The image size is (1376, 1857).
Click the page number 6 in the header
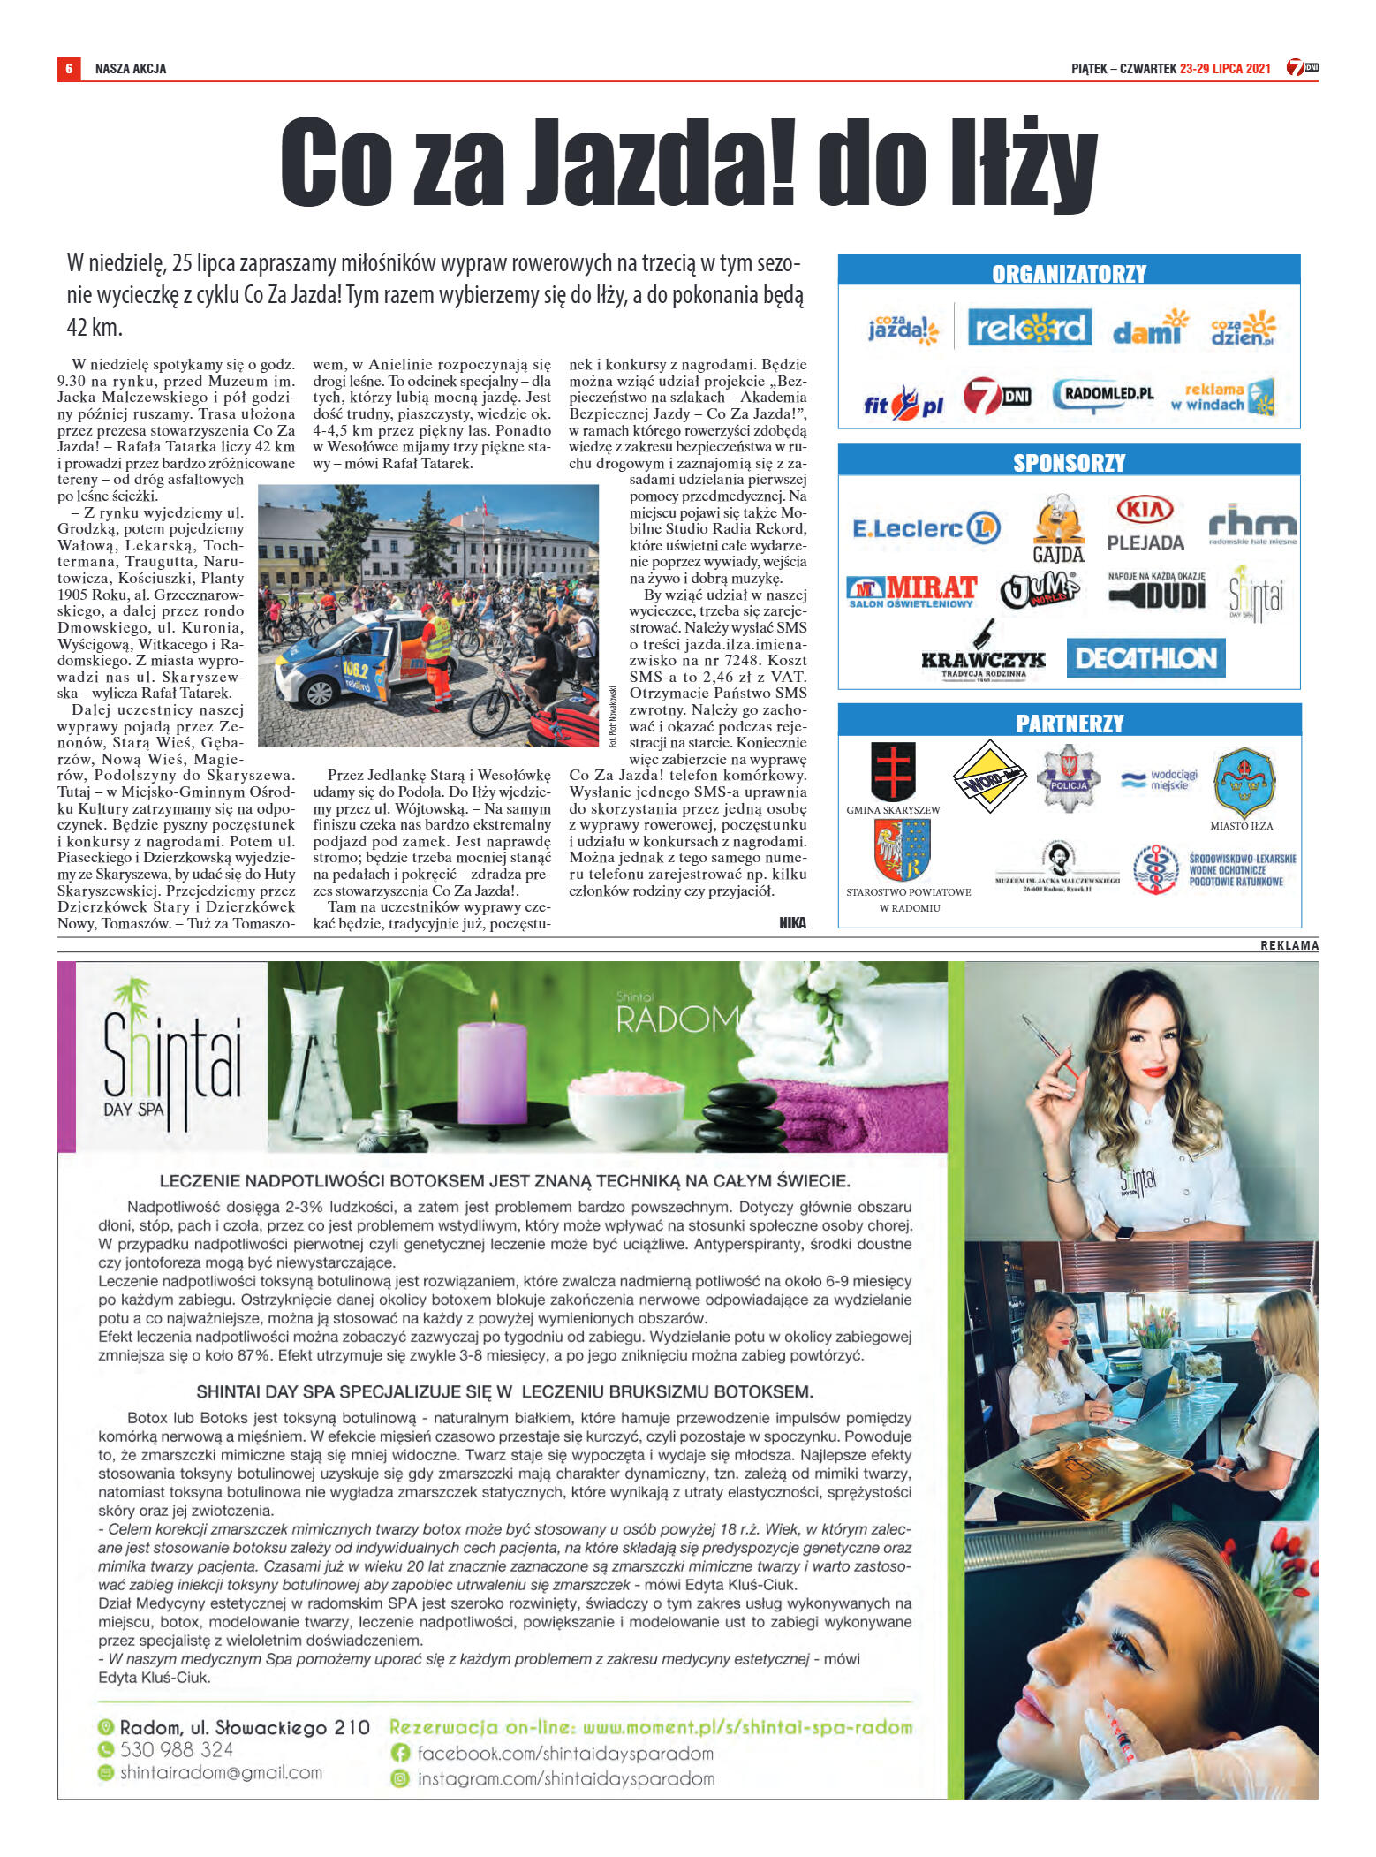[x=69, y=69]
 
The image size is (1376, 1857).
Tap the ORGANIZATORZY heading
[x=1069, y=274]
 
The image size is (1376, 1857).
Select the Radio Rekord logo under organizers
[x=1029, y=328]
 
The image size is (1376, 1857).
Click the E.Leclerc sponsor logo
[x=925, y=528]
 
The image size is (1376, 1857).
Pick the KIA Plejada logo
[x=1145, y=524]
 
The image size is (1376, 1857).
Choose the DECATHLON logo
[x=1145, y=658]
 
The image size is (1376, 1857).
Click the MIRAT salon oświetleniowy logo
[x=911, y=591]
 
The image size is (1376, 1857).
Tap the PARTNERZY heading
[x=1069, y=724]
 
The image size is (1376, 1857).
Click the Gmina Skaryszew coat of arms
[x=893, y=770]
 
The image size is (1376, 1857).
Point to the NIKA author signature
[x=791, y=922]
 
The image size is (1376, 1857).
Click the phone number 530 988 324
[x=177, y=1749]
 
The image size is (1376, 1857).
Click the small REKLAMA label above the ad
[x=1289, y=945]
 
